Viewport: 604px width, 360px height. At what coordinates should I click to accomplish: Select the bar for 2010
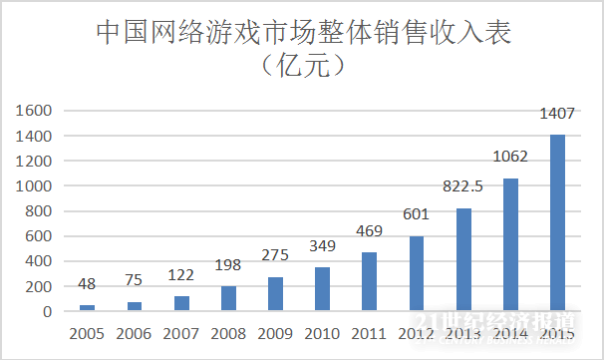coord(322,289)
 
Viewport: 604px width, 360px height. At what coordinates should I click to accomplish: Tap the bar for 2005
coord(88,307)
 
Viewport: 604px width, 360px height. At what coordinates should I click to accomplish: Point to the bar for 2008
coord(229,298)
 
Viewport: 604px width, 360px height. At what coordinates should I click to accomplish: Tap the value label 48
coord(88,284)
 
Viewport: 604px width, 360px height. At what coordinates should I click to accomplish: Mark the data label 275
coord(276,254)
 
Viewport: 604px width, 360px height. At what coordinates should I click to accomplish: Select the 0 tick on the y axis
coord(48,311)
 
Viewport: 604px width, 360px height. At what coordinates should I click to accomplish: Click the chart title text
coord(302,32)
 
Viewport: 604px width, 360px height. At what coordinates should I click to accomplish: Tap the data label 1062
coord(510,156)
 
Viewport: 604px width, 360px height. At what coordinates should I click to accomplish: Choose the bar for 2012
coord(417,273)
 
